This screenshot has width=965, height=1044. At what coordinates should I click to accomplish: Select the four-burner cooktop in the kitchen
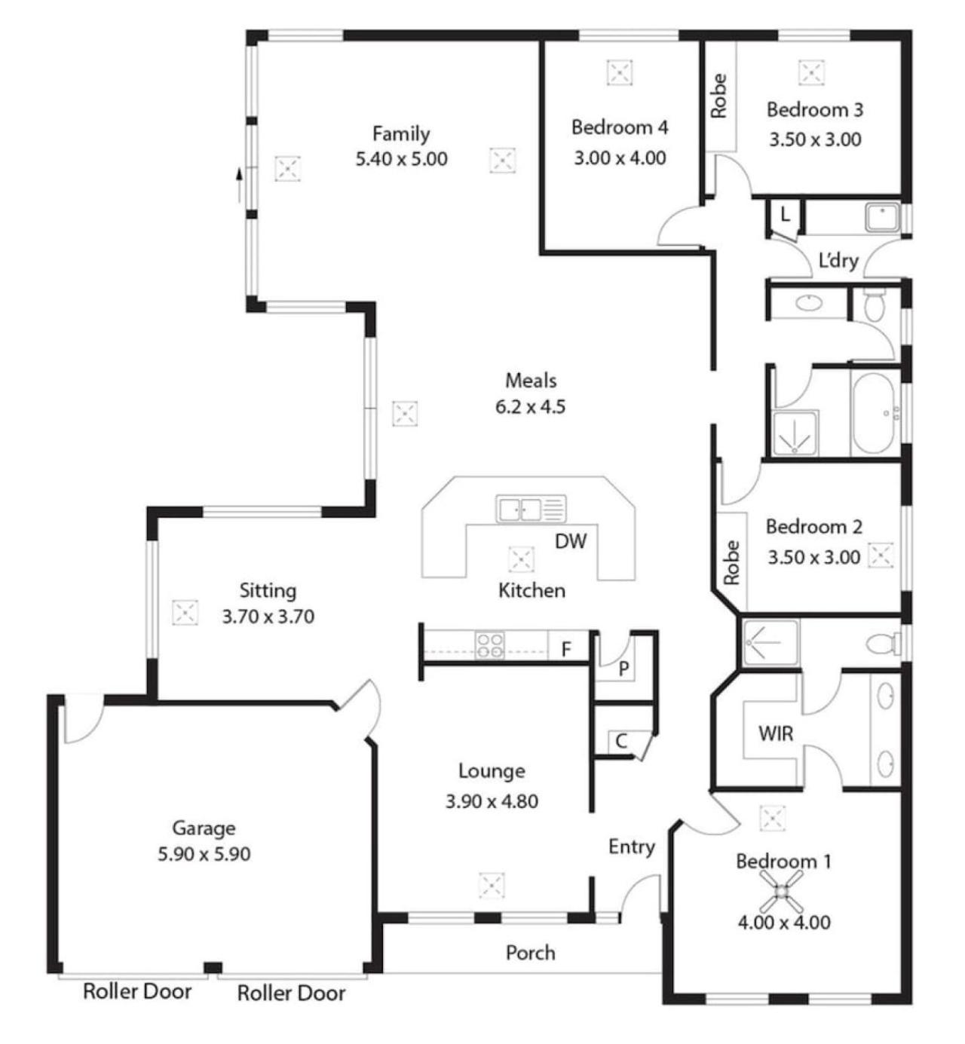[x=489, y=645]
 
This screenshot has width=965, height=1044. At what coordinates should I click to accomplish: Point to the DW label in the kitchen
[x=571, y=541]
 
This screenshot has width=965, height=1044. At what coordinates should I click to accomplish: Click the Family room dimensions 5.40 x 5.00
[x=401, y=159]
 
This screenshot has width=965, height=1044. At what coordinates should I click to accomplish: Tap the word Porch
[x=530, y=953]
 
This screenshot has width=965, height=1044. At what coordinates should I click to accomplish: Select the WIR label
[x=776, y=733]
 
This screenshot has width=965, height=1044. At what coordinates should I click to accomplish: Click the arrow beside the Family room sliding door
[x=239, y=185]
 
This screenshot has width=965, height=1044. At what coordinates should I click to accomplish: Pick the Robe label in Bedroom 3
[x=718, y=96]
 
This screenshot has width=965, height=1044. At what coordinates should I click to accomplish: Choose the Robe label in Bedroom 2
[x=731, y=562]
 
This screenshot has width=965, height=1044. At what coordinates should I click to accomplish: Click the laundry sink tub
[x=882, y=218]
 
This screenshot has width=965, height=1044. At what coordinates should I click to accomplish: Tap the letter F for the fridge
[x=566, y=650]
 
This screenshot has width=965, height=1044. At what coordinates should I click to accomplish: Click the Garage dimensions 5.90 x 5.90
[x=204, y=854]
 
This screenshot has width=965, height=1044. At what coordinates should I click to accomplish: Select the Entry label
[x=632, y=847]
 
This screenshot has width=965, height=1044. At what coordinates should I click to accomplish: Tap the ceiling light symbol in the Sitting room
[x=185, y=612]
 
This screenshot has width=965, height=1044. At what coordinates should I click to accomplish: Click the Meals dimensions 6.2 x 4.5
[x=530, y=407]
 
